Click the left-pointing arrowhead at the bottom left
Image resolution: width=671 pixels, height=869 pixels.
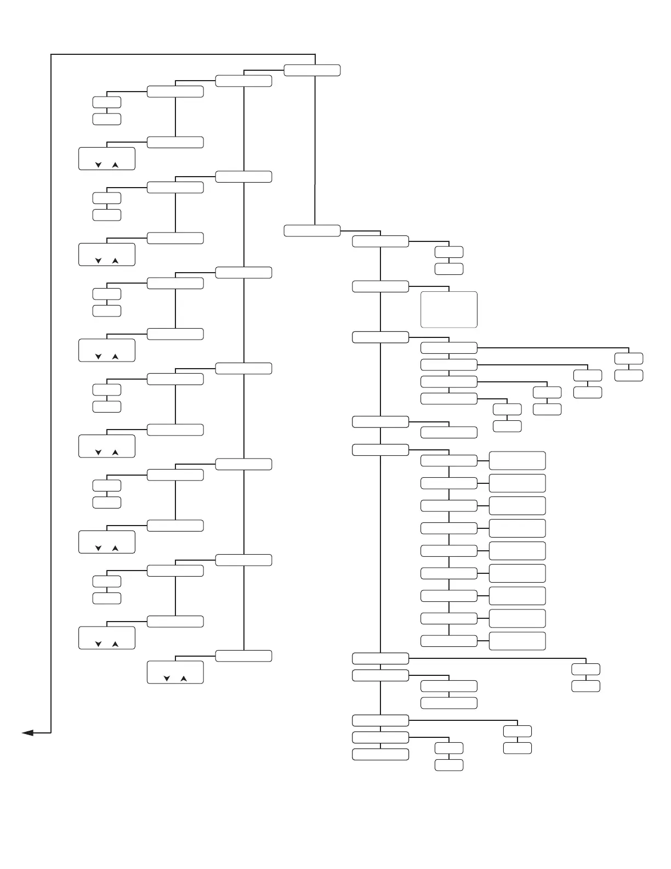click(28, 732)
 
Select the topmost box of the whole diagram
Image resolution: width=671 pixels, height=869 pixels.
click(312, 70)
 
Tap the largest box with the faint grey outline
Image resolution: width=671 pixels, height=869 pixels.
click(448, 310)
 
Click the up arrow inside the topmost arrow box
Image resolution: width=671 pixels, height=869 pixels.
click(115, 165)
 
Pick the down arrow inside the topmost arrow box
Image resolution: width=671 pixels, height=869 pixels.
click(99, 165)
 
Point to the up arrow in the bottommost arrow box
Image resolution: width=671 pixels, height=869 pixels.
click(184, 679)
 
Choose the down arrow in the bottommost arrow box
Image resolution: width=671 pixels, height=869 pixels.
click(167, 679)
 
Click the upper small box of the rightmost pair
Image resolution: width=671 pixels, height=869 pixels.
click(628, 359)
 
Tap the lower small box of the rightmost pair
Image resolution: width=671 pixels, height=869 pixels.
click(628, 376)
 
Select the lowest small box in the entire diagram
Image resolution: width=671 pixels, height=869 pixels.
click(448, 765)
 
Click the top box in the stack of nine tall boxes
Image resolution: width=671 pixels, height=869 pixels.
click(517, 461)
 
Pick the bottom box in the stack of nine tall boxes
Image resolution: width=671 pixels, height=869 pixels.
click(517, 641)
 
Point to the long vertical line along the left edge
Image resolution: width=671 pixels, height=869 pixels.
click(51, 384)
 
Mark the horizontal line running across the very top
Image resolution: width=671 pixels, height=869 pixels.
click(181, 54)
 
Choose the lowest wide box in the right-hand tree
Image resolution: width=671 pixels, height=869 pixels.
click(380, 754)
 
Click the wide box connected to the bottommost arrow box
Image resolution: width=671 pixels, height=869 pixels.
click(243, 656)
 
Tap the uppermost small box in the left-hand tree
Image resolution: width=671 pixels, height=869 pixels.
click(107, 102)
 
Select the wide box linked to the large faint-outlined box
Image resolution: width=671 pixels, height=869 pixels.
click(380, 286)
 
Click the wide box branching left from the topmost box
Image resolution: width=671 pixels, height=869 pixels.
click(243, 81)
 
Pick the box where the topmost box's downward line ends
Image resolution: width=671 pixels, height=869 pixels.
click(312, 230)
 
